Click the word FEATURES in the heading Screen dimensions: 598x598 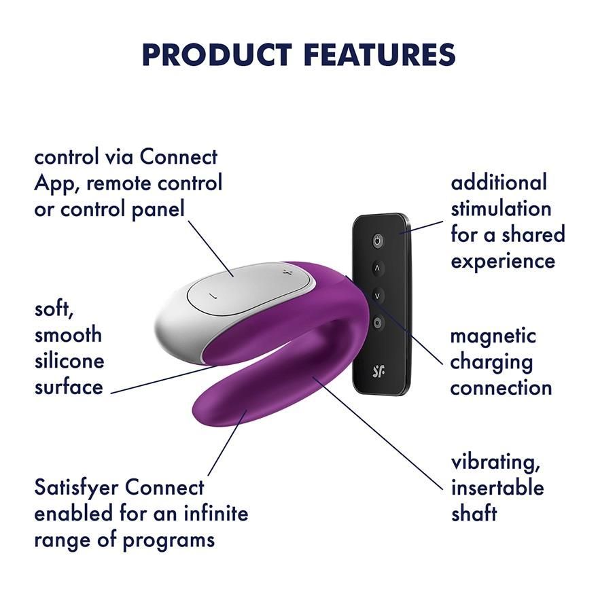tap(381, 54)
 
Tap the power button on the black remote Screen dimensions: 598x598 tap(378, 240)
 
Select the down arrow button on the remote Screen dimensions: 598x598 tap(378, 296)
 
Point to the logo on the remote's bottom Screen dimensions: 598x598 tap(379, 371)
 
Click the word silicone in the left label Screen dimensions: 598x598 tap(69, 361)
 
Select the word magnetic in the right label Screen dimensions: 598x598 tap(493, 336)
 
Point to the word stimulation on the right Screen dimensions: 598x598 tap(501, 208)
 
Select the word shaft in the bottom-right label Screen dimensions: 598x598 tap(474, 514)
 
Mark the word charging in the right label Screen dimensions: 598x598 tap(491, 362)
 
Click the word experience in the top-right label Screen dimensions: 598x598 tap(503, 260)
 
